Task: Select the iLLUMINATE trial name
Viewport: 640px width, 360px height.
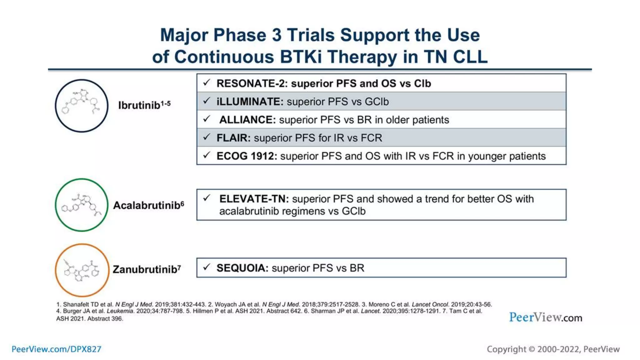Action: point(249,102)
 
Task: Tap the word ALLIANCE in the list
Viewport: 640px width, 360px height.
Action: point(247,120)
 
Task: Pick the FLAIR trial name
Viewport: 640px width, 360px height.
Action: point(233,138)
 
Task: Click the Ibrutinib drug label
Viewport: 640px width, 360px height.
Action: point(139,105)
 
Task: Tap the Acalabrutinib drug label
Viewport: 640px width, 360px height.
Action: point(147,205)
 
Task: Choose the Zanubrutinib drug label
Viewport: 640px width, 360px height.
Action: point(145,269)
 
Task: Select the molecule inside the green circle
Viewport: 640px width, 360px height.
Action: point(82,205)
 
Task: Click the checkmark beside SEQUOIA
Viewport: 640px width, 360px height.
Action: point(207,267)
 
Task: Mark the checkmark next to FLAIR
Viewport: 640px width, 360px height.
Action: point(207,137)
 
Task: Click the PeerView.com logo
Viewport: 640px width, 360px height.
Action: point(546,317)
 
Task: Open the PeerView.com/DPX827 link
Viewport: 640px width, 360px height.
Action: point(57,349)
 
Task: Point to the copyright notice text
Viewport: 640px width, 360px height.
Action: point(553,349)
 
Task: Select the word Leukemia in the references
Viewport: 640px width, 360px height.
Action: point(120,311)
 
